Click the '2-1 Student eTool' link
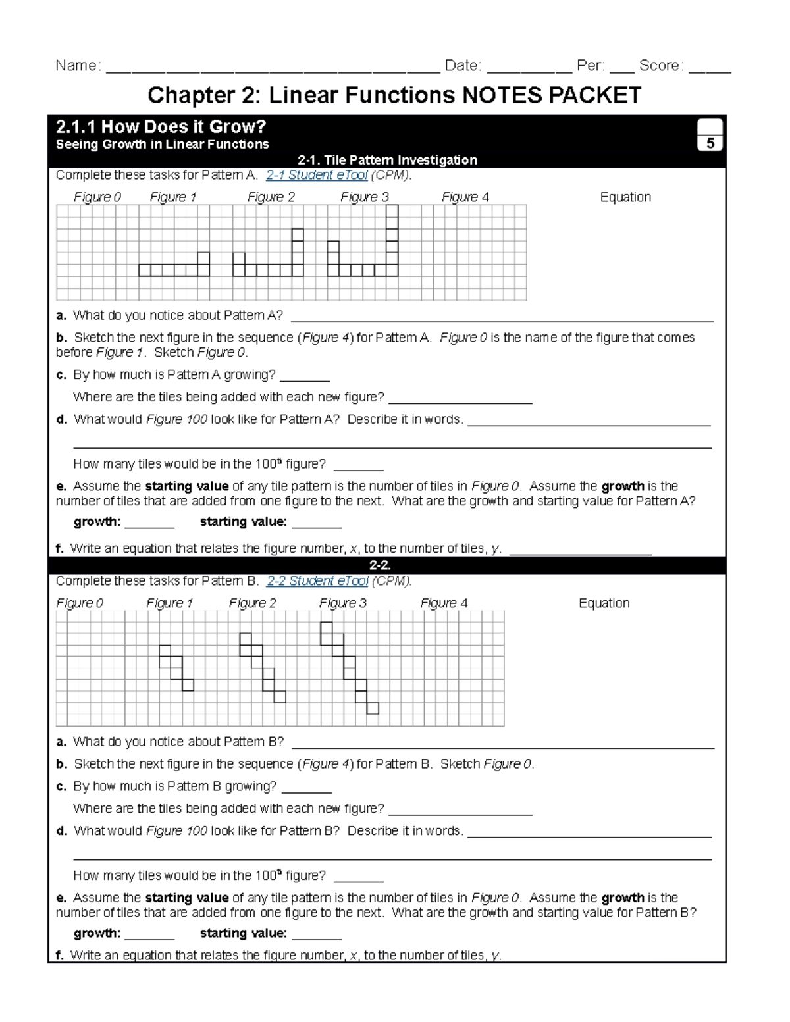coord(316,175)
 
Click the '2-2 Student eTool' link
coord(317,581)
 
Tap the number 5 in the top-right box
coord(710,143)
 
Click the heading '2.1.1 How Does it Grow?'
coord(161,126)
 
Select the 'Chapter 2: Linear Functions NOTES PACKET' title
coord(394,95)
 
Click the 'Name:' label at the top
coord(78,66)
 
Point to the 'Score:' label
coord(661,66)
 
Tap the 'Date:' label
coord(463,66)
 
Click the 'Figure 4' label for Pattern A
coord(465,197)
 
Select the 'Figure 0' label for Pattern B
coord(80,603)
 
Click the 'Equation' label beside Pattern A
coord(625,197)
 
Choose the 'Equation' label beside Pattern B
coord(604,603)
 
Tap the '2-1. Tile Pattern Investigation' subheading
coord(387,160)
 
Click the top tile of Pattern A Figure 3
coord(392,211)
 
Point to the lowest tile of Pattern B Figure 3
coord(373,708)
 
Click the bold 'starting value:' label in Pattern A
coord(243,522)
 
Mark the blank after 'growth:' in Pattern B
coord(149,934)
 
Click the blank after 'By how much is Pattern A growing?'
coord(304,376)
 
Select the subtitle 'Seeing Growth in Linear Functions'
coord(162,145)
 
